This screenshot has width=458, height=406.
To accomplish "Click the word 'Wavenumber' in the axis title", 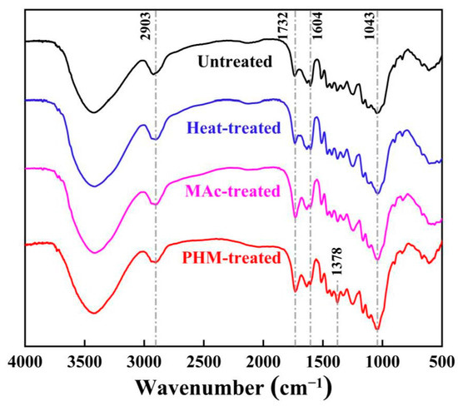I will pyautogui.click(x=196, y=389).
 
